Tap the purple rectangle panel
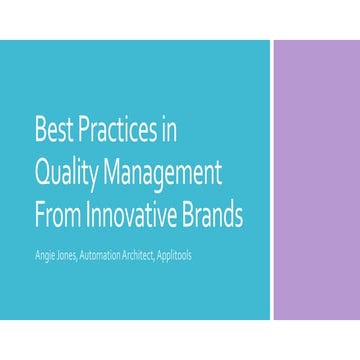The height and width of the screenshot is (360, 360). pos(317,180)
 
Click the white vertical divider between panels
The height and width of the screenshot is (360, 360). pos(273,180)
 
